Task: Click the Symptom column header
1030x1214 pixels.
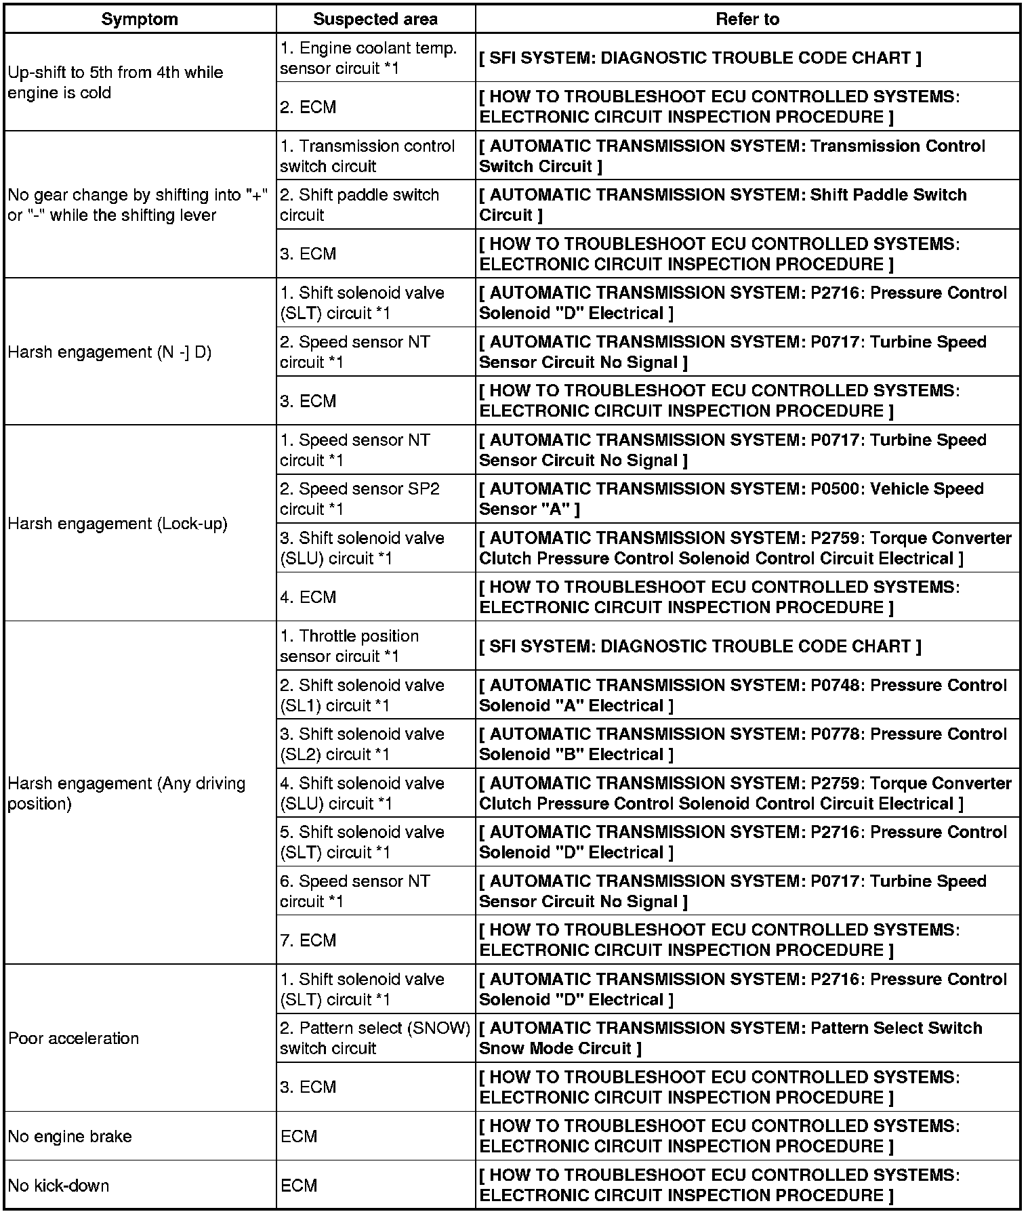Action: coord(140,19)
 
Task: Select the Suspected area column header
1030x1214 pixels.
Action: coord(375,19)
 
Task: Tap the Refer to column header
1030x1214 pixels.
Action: coord(747,19)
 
